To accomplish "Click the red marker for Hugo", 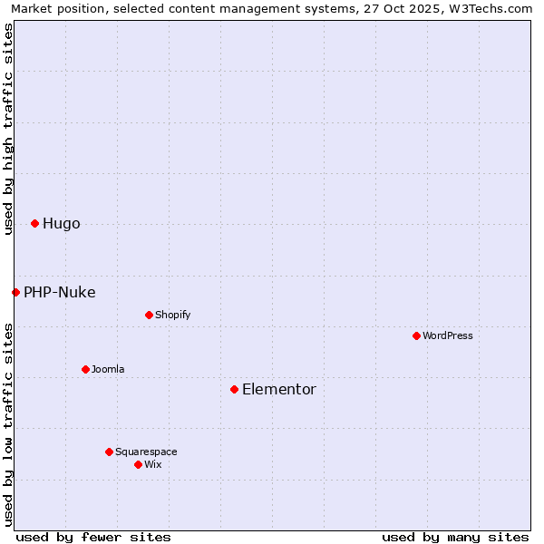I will (34, 223).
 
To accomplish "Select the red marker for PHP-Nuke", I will (15, 292).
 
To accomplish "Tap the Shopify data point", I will (149, 315).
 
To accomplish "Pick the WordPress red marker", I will (416, 335).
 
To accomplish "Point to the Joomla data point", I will (85, 369).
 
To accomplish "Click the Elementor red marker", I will (234, 389).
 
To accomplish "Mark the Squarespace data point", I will (109, 452).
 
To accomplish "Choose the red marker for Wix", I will (138, 464).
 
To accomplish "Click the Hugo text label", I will (61, 224).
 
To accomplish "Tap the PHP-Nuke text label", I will (59, 292).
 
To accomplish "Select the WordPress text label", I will (448, 335).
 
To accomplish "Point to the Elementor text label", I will (278, 389).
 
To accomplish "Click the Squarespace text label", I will (146, 452).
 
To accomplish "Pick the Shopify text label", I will (172, 315).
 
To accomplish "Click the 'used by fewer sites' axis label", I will (93, 537).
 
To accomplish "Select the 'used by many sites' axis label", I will (455, 537).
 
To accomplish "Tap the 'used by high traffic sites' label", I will (8, 129).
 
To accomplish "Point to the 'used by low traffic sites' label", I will (8, 424).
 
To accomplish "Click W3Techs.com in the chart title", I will (493, 8).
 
